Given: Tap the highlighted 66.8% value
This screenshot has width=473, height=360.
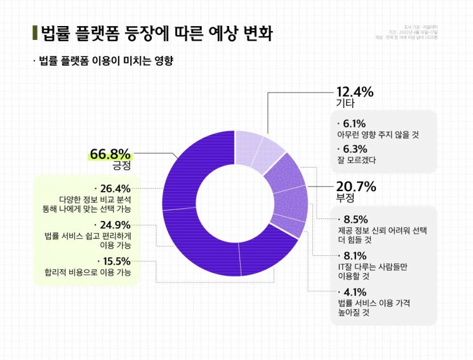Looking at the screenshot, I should pos(110,154).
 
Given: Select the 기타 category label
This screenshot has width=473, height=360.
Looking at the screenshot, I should pos(345,103).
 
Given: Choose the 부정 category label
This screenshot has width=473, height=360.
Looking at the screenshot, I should pos(345,198).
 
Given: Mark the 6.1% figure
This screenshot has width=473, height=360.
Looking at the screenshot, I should pos(354,124).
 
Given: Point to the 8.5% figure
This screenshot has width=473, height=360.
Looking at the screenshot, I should pos(355,220).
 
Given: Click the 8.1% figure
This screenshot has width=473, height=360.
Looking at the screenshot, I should pos(355,256).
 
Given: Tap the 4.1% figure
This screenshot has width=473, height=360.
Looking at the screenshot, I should pos(355,292).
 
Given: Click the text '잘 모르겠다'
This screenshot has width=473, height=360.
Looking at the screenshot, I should pos(356,161).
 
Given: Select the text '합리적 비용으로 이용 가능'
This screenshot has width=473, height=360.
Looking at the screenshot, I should pos(88,273).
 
